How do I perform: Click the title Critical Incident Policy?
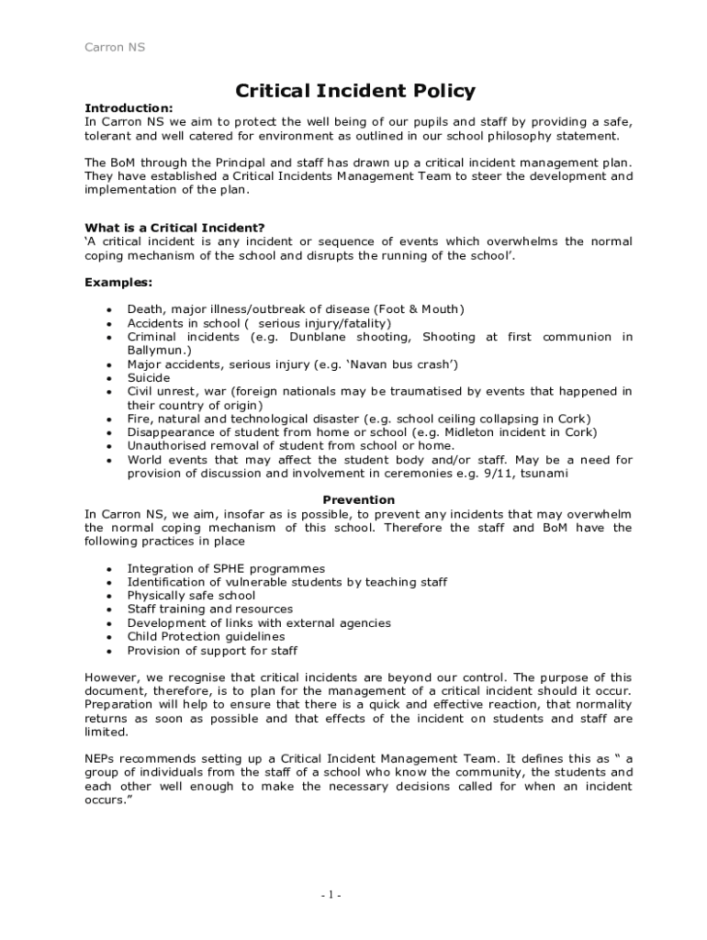[x=355, y=90]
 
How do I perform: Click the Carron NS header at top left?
[x=115, y=47]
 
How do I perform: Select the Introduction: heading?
[x=129, y=107]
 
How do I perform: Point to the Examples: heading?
[x=118, y=282]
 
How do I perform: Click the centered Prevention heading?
[x=358, y=500]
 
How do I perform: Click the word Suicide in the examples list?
[x=149, y=377]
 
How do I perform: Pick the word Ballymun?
[x=158, y=350]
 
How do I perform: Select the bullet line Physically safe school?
[x=191, y=595]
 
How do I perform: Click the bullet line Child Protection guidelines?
[x=206, y=636]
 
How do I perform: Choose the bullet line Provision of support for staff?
[x=212, y=650]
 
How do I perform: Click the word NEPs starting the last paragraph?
[x=101, y=759]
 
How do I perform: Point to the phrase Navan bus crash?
[x=401, y=364]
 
